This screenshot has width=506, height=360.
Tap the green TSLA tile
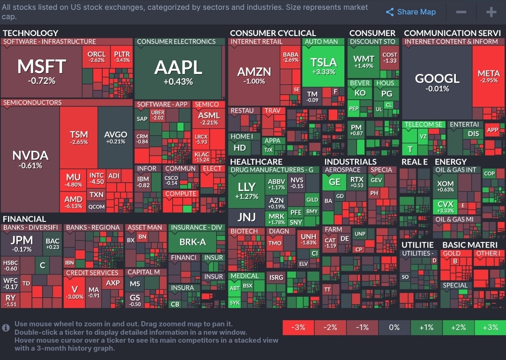click(323, 66)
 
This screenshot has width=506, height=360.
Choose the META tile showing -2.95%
click(488, 76)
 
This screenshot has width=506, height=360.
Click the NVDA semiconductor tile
click(30, 159)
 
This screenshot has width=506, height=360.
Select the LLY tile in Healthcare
click(246, 191)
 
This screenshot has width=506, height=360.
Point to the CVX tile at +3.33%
click(445, 206)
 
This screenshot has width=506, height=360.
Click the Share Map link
click(410, 12)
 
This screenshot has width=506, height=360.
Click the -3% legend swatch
click(298, 327)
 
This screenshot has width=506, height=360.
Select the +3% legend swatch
click(490, 327)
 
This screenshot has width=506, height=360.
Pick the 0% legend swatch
click(394, 327)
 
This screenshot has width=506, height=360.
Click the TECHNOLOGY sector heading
click(30, 33)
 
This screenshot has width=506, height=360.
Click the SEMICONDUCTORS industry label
click(32, 103)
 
